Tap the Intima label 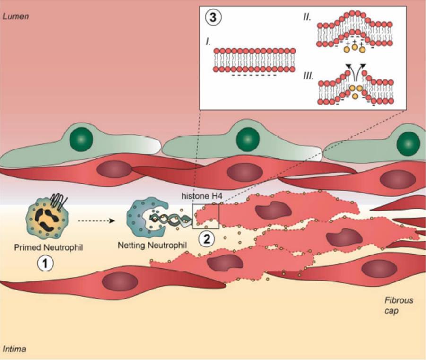[x=14, y=350]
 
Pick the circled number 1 [x=46, y=264]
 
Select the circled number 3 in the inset [x=211, y=18]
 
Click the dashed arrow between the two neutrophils [x=96, y=220]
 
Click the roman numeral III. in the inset [x=308, y=76]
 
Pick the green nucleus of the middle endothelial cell [x=248, y=139]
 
